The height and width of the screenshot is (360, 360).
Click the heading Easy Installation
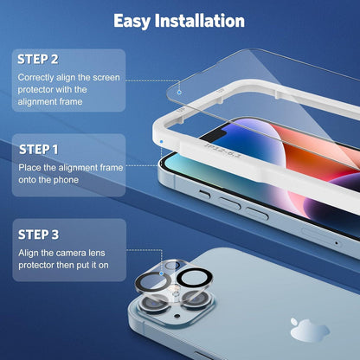[x=179, y=21]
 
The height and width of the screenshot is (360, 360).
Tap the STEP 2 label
[x=38, y=60]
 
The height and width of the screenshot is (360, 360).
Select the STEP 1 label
[x=39, y=150]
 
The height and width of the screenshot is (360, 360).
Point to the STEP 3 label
[x=38, y=235]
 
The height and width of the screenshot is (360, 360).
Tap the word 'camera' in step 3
[x=67, y=253]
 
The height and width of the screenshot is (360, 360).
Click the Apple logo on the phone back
[x=309, y=330]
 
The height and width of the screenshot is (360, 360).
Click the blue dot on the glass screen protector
[x=179, y=93]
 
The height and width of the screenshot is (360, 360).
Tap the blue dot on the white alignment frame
[x=161, y=142]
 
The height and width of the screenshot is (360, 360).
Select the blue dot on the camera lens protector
[x=162, y=273]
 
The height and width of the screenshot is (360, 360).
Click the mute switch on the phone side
[x=205, y=194]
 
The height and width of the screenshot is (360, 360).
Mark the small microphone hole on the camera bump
[x=177, y=317]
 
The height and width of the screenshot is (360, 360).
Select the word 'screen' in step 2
[x=106, y=78]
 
